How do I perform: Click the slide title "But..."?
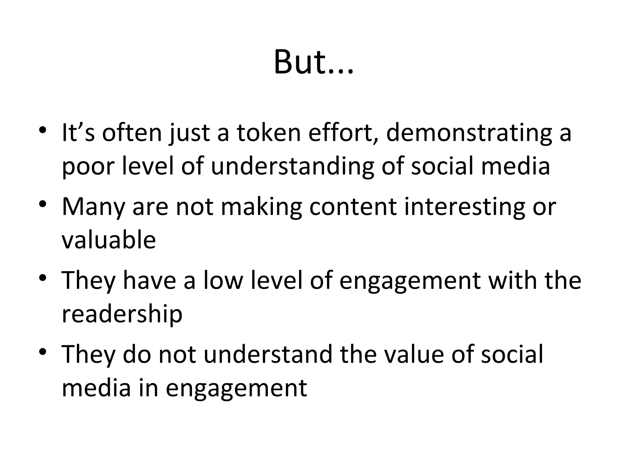314,63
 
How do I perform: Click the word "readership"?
122,314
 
